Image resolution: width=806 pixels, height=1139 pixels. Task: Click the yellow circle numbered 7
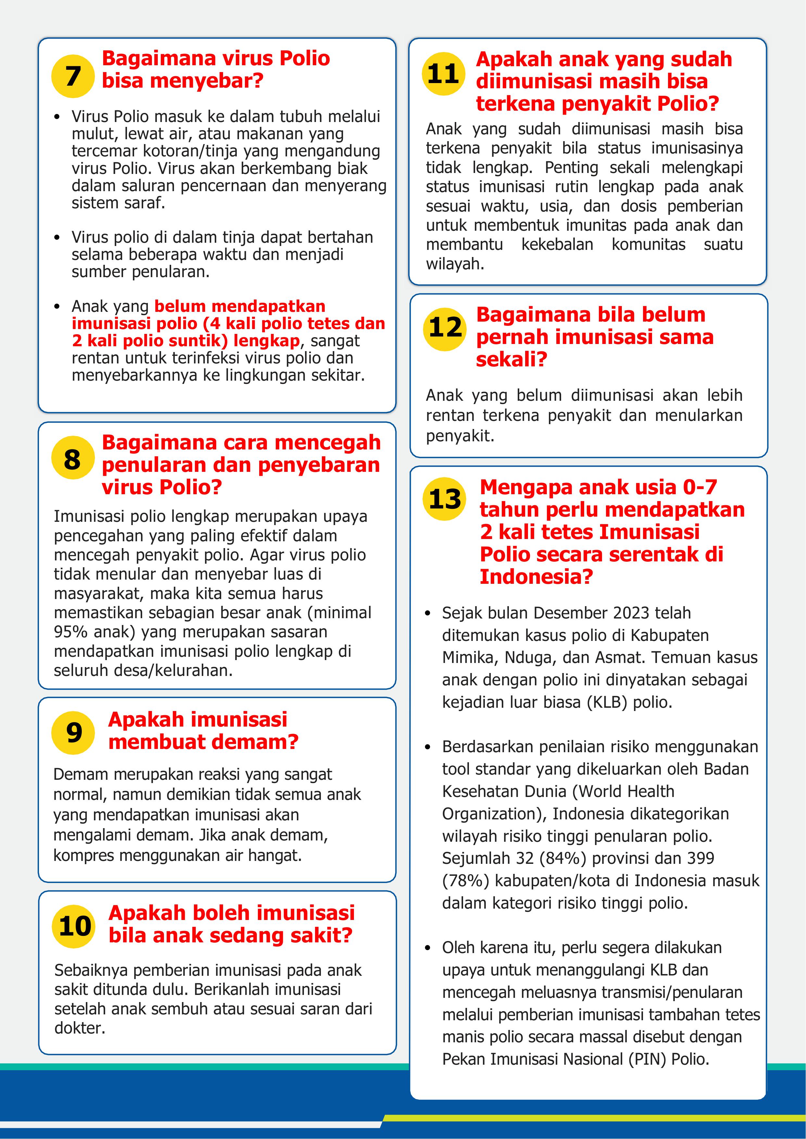click(x=73, y=76)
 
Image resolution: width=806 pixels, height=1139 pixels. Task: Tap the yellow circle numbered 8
click(x=73, y=458)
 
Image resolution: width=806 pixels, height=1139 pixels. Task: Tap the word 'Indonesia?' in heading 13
click(x=536, y=576)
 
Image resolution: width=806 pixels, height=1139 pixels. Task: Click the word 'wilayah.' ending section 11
click(x=455, y=264)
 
